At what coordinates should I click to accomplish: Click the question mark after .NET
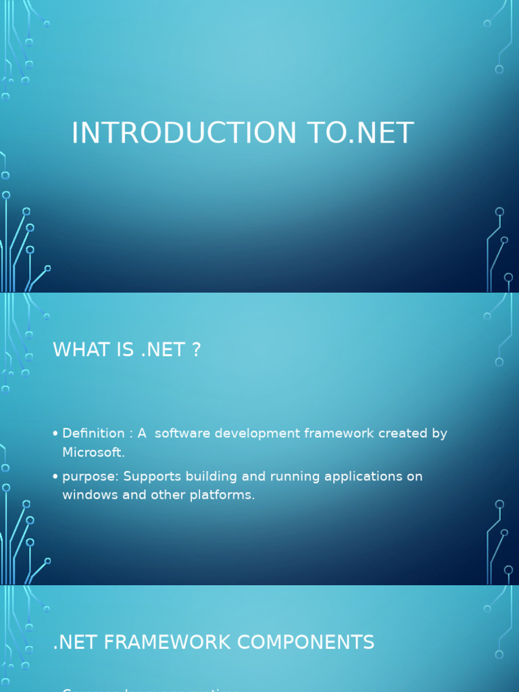click(196, 350)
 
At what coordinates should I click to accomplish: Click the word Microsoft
click(93, 452)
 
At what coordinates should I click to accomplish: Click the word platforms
click(226, 495)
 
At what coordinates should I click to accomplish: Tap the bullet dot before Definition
click(55, 434)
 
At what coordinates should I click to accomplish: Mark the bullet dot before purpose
click(55, 477)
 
